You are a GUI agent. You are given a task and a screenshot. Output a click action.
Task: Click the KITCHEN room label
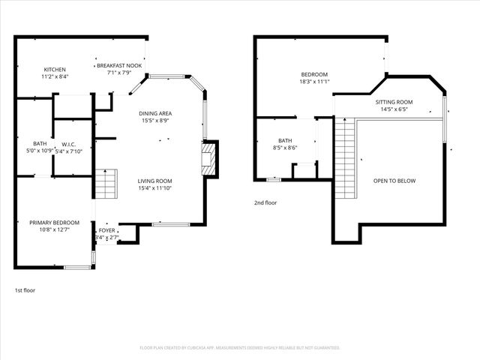[55, 69]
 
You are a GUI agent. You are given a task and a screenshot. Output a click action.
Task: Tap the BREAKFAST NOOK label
[118, 66]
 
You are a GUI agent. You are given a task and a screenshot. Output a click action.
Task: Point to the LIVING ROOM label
[154, 181]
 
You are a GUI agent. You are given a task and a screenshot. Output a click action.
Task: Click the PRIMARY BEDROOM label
[54, 223]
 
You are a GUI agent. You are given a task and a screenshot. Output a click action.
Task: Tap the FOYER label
[107, 230]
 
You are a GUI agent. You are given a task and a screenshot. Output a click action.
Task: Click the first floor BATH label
[39, 144]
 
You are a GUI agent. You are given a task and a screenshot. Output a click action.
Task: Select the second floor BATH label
[285, 140]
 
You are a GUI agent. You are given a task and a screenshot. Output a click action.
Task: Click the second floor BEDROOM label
[314, 74]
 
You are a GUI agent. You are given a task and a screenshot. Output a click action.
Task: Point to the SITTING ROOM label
[394, 102]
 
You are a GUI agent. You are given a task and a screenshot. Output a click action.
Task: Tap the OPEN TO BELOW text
[394, 181]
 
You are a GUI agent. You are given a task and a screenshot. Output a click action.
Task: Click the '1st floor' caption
[25, 290]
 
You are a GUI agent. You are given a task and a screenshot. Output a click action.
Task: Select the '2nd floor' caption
[265, 202]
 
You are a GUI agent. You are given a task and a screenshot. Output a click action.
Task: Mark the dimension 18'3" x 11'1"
[314, 82]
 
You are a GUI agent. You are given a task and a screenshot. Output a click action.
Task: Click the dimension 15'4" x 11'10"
[154, 189]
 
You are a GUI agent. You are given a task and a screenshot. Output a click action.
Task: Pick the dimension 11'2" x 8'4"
[55, 76]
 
